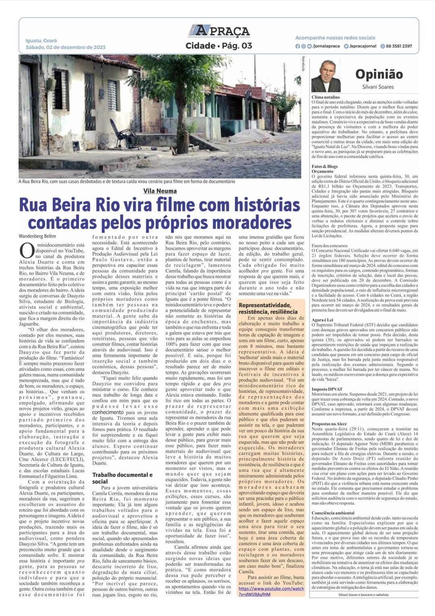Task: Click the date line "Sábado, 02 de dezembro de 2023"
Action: coord(65,47)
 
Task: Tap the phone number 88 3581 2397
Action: coord(399,46)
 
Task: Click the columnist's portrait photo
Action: coord(326,76)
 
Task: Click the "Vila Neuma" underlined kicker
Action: coord(160,191)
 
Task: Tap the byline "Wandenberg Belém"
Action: coord(37,236)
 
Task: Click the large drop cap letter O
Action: coord(27,250)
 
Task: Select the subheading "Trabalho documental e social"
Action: coord(122,478)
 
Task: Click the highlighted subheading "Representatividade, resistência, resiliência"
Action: coord(267,308)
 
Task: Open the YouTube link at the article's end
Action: coord(271,591)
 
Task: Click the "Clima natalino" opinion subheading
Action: coord(325,97)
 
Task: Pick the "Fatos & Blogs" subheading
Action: coord(325,166)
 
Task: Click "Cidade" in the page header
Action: coord(200,46)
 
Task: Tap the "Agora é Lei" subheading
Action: coord(322,320)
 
